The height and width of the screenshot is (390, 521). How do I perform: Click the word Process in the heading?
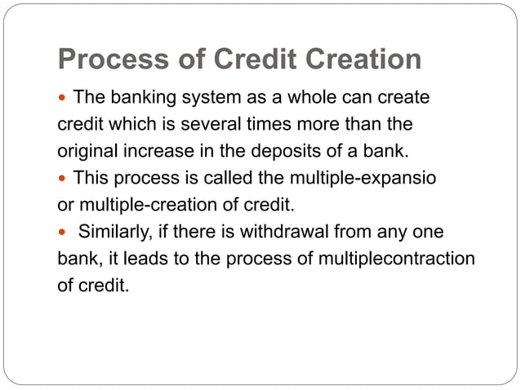coord(109,60)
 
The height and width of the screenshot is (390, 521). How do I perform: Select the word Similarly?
coord(112,232)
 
